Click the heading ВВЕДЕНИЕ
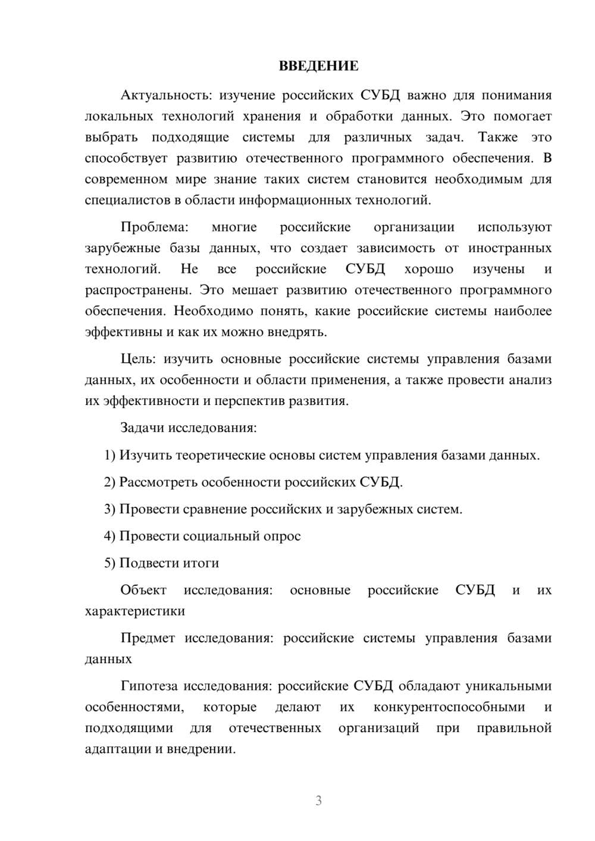tap(318, 66)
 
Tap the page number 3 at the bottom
tap(318, 801)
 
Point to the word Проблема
tap(154, 227)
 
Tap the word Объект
tap(143, 590)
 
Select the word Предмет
tap(148, 638)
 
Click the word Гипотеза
tap(149, 686)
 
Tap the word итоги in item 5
tap(201, 563)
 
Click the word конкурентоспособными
tap(449, 707)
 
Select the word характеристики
tap(135, 611)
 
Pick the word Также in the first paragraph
tap(499, 137)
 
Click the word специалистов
tap(127, 200)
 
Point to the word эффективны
tap(121, 332)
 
